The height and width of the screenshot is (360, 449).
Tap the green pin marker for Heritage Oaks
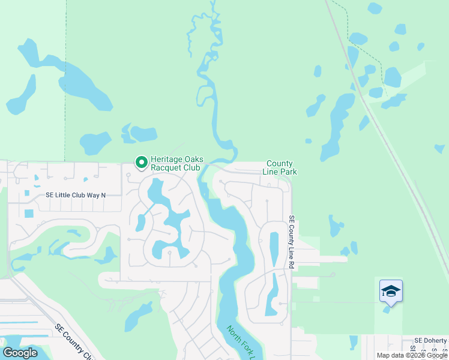[142, 163]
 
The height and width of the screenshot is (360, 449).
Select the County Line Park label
[280, 167]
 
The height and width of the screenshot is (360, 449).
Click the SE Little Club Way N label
[76, 195]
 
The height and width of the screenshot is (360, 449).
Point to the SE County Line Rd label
[292, 241]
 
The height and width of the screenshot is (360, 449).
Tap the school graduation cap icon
[391, 291]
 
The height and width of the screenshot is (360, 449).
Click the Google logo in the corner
[20, 352]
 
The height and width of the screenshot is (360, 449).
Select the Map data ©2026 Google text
[412, 355]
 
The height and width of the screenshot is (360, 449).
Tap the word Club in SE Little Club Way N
[79, 195]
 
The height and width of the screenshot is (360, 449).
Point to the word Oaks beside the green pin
[193, 159]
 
